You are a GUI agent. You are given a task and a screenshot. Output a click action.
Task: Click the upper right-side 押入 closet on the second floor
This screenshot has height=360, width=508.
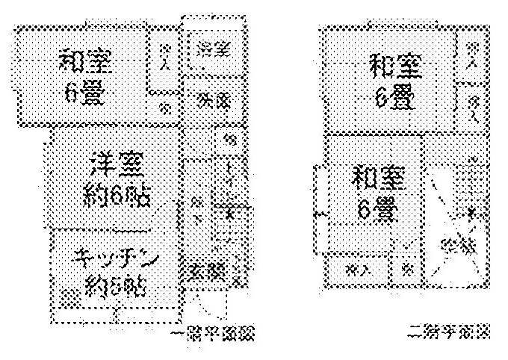[x=471, y=54]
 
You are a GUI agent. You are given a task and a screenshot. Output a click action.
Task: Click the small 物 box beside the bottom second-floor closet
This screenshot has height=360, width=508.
[x=408, y=270]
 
